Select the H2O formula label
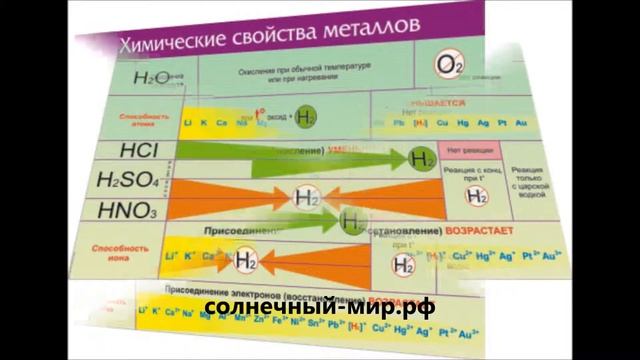coord(146,78)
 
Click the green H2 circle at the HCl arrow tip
coord(423,158)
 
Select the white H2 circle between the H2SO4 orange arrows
coord(306,197)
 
